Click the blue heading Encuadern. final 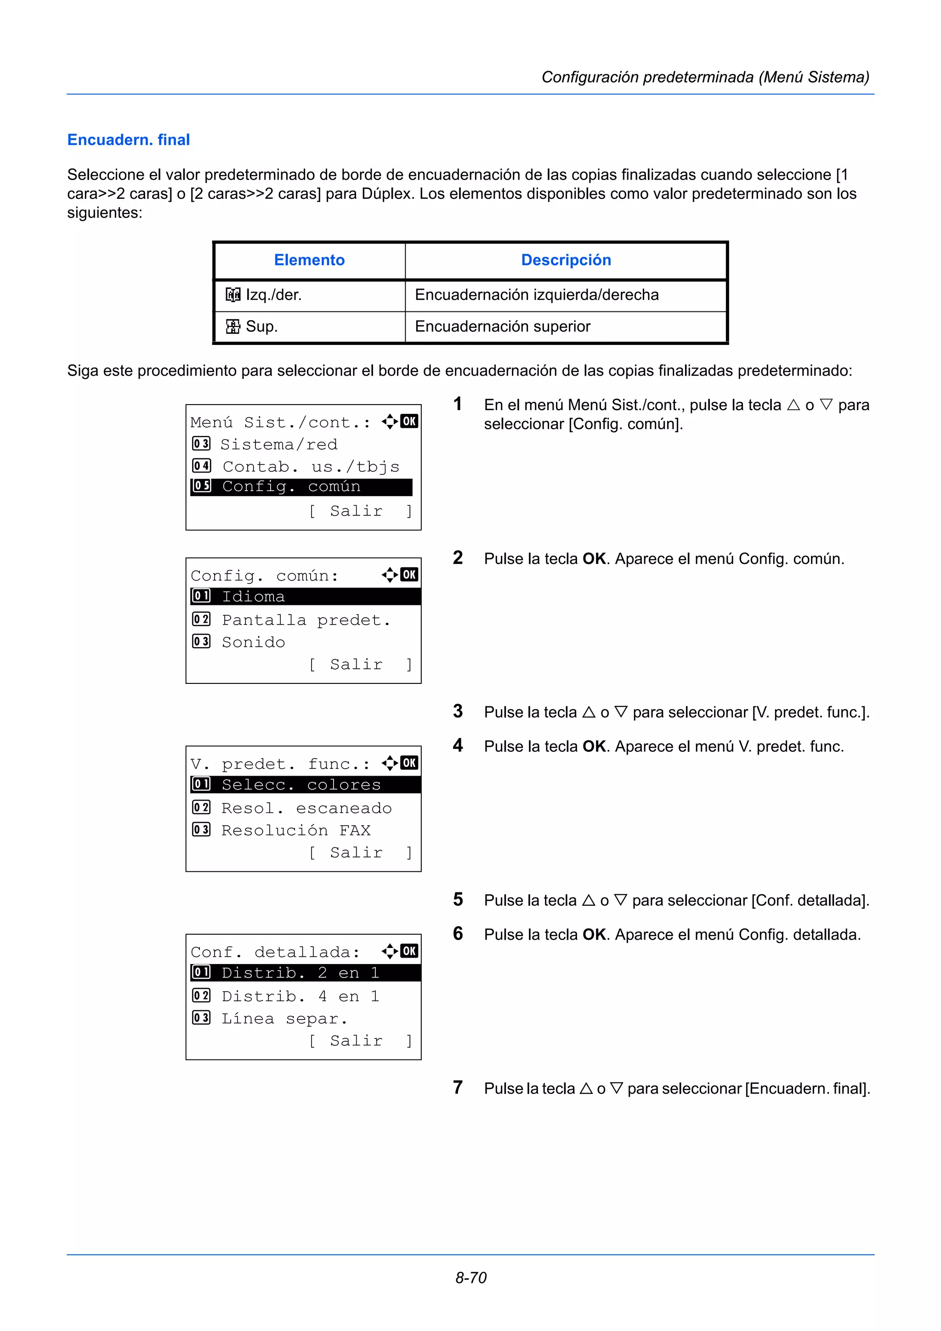(129, 140)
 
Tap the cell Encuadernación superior (502, 327)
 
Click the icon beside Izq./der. (232, 295)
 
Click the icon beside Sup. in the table (232, 327)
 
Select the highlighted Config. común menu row (301, 487)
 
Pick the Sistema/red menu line (278, 445)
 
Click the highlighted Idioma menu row (305, 597)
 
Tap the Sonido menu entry (253, 643)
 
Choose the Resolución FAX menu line (296, 831)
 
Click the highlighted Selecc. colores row (305, 785)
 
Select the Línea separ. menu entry (284, 1019)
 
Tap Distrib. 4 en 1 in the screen (300, 997)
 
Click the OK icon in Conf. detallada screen (409, 951)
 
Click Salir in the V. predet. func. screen (357, 853)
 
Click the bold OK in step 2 (594, 559)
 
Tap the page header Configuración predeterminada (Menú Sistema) (705, 77)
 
